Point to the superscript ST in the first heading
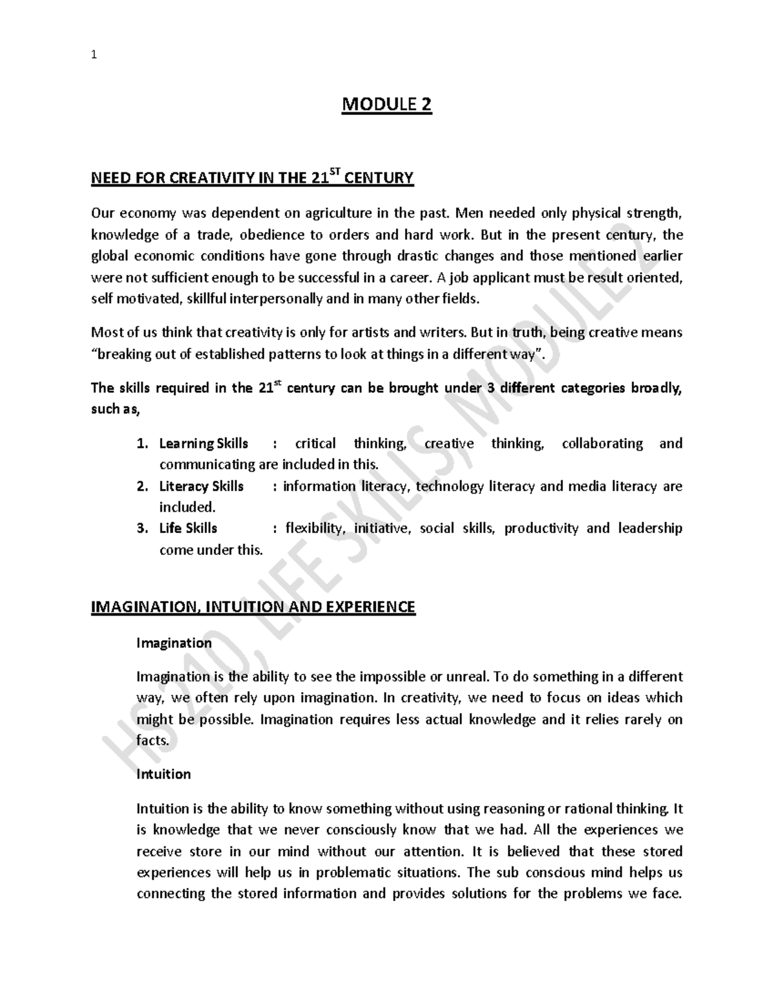[x=334, y=172]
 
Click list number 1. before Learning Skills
[x=143, y=444]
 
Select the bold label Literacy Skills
[x=201, y=486]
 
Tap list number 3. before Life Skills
[x=143, y=528]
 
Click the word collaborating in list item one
[x=602, y=444]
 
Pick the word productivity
[x=541, y=528]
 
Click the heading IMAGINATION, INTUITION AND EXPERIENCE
[x=253, y=607]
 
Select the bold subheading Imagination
[x=174, y=643]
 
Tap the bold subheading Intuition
[x=163, y=774]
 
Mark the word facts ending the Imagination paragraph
[x=152, y=740]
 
